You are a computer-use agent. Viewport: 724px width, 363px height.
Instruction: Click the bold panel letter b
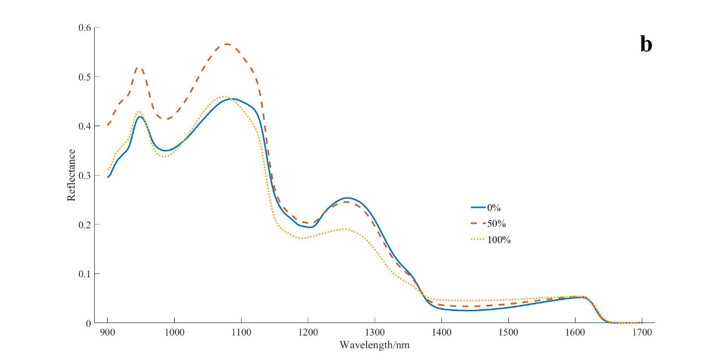click(x=646, y=45)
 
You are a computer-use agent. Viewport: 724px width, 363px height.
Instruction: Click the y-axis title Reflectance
click(x=71, y=175)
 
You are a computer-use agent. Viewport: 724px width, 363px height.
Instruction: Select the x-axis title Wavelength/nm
click(x=374, y=345)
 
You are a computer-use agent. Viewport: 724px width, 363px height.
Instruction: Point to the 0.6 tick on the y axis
click(x=85, y=27)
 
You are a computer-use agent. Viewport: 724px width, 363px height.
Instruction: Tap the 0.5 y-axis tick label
click(x=85, y=76)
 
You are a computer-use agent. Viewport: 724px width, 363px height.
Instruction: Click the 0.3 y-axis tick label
click(x=85, y=175)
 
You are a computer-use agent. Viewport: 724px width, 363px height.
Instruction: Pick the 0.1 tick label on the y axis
click(x=85, y=274)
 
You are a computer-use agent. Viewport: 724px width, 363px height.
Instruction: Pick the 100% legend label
click(x=498, y=240)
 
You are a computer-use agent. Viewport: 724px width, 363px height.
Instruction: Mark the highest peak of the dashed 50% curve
click(x=227, y=44)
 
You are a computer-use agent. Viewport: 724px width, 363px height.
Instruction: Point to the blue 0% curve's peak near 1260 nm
click(x=347, y=198)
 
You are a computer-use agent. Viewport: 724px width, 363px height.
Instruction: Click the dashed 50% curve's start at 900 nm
click(x=108, y=125)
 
